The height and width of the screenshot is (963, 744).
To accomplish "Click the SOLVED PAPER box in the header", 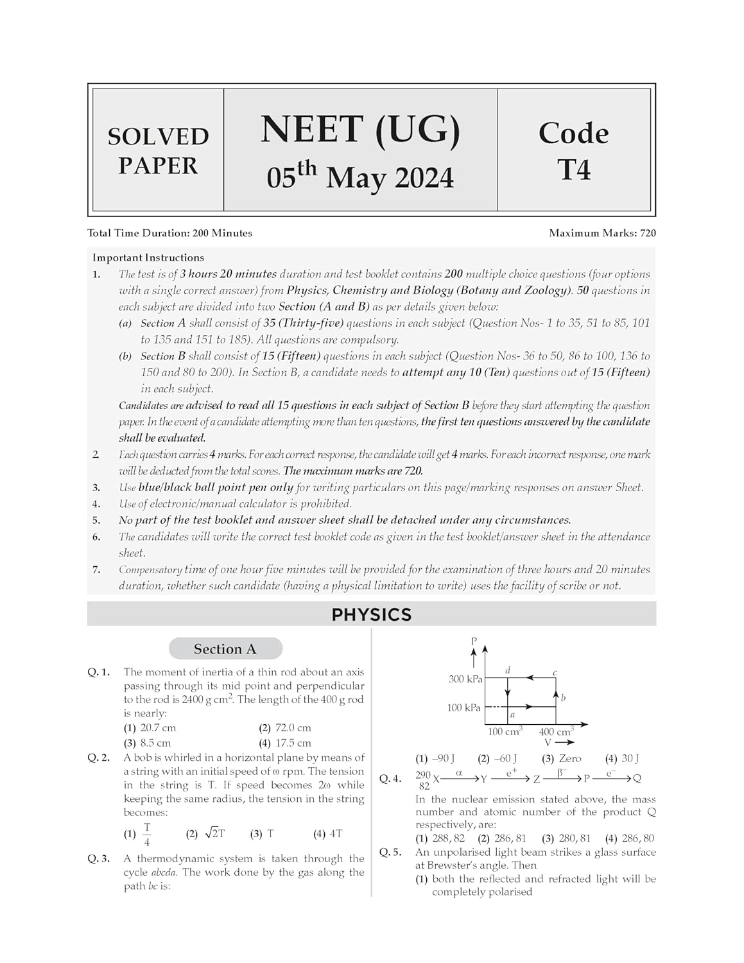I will (x=158, y=151).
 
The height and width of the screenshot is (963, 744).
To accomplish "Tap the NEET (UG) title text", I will (x=360, y=130).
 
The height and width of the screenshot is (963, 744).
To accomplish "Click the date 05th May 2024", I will (x=360, y=177).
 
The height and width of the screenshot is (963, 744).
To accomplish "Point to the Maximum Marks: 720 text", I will (x=602, y=234).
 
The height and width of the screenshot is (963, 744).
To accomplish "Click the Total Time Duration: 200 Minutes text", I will (x=170, y=234).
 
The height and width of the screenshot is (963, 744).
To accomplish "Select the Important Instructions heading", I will (x=148, y=257).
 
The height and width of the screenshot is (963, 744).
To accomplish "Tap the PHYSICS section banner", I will (x=371, y=614).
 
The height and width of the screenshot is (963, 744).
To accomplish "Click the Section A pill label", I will (x=225, y=649).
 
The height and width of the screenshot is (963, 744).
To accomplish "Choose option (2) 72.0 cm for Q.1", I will (x=285, y=728).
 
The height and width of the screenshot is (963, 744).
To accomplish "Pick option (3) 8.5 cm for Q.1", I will (x=148, y=743).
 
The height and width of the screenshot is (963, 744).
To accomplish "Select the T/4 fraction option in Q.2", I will (x=147, y=834).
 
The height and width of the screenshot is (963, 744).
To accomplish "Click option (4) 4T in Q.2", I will (x=328, y=834).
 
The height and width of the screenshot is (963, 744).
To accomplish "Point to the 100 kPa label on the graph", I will (x=463, y=707).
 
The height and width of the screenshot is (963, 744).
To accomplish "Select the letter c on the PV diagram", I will (x=555, y=673).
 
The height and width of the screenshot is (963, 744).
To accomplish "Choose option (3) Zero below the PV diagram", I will (x=562, y=759).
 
